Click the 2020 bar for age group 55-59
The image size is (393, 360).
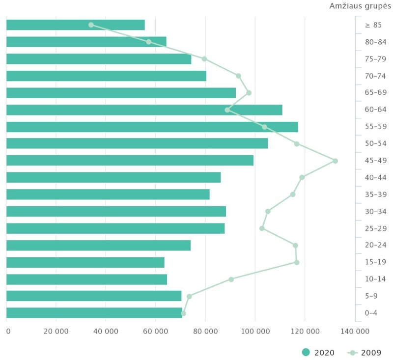click(152, 127)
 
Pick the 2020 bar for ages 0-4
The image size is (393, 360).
click(94, 313)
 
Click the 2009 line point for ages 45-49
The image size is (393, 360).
click(336, 161)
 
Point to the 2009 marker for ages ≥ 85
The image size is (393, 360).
click(91, 25)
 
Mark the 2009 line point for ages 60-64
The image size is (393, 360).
click(227, 110)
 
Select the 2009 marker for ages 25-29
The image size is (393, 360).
click(262, 228)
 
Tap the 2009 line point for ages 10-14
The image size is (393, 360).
click(231, 279)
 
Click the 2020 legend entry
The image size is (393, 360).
click(320, 352)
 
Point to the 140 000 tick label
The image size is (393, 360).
click(354, 331)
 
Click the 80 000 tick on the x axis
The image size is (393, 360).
click(205, 331)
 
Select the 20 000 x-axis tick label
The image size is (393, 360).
click(56, 331)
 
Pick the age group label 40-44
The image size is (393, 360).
click(375, 178)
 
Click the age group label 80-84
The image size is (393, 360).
click(375, 42)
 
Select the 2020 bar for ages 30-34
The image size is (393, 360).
click(116, 211)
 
